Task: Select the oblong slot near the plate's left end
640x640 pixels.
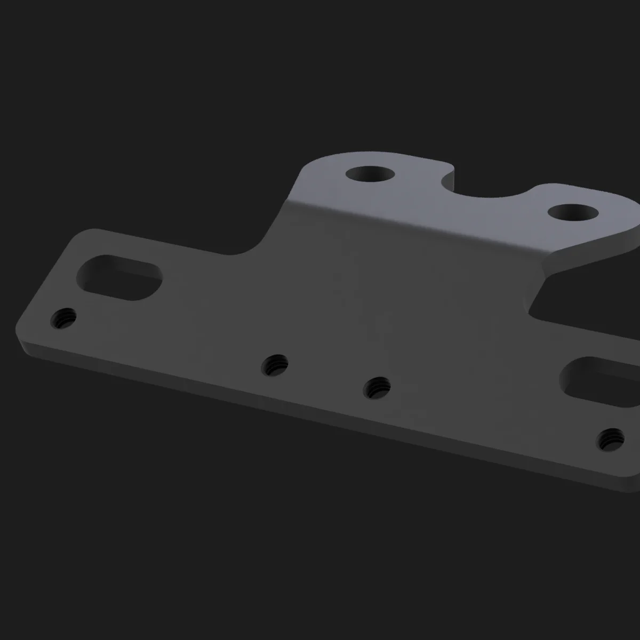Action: pos(119,276)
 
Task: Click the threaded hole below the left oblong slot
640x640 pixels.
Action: pos(63,319)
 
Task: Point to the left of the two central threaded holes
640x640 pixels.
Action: pos(275,365)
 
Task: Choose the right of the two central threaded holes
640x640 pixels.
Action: pos(377,387)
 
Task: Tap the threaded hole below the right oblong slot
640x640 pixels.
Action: pos(611,438)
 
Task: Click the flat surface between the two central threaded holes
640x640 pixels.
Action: pos(326,376)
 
